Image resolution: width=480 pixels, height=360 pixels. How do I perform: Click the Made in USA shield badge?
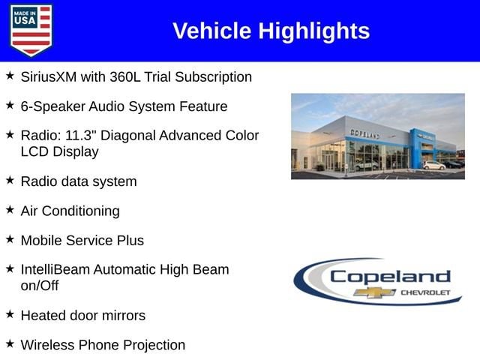click(31, 30)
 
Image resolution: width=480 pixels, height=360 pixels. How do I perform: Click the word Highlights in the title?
click(314, 31)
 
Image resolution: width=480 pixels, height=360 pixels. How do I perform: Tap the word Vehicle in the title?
click(211, 31)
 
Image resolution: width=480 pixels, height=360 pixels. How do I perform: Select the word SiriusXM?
click(49, 76)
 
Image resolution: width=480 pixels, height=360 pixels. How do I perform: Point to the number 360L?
click(125, 76)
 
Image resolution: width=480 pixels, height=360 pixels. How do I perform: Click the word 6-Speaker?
click(53, 106)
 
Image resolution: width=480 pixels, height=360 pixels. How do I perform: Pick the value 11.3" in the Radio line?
click(81, 135)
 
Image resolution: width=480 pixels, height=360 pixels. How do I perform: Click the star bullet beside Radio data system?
click(10, 180)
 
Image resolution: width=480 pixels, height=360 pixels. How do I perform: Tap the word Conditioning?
click(81, 211)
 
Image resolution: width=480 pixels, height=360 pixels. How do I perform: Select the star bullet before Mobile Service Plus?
click(10, 239)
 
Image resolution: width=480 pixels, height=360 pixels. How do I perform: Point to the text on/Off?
click(40, 286)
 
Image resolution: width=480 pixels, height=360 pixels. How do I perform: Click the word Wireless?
click(47, 345)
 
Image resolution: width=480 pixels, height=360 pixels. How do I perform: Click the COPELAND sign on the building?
click(365, 133)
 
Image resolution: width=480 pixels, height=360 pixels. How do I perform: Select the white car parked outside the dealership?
click(433, 165)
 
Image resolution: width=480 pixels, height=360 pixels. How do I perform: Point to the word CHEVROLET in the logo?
click(425, 292)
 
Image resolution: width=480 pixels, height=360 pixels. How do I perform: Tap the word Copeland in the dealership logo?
click(390, 277)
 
